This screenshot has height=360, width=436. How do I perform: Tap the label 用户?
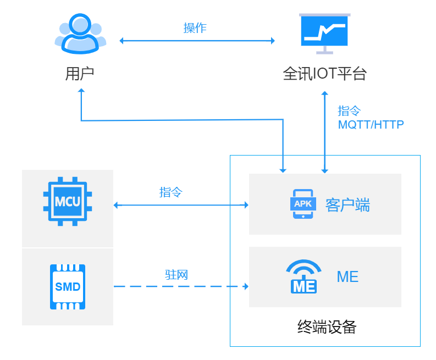pyautogui.click(x=80, y=74)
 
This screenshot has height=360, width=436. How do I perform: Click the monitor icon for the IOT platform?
pyautogui.click(x=325, y=34)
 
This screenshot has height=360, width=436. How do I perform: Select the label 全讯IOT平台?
pyautogui.click(x=324, y=74)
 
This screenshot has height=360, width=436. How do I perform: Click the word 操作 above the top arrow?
pyautogui.click(x=195, y=28)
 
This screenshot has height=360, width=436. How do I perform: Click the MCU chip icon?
pyautogui.click(x=68, y=201)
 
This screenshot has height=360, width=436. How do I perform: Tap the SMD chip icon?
pyautogui.click(x=68, y=286)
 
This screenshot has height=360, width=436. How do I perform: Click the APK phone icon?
pyautogui.click(x=302, y=204)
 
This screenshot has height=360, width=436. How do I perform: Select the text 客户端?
pyautogui.click(x=347, y=205)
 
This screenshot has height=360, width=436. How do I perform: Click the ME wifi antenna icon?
pyautogui.click(x=303, y=276)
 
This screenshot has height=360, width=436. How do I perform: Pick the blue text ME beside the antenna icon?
pyautogui.click(x=347, y=276)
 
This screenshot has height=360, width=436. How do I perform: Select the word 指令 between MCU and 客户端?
pyautogui.click(x=171, y=192)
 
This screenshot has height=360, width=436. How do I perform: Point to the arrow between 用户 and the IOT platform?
pyautogui.click(x=197, y=41)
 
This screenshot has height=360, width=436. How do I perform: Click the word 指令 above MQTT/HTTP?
pyautogui.click(x=349, y=111)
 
